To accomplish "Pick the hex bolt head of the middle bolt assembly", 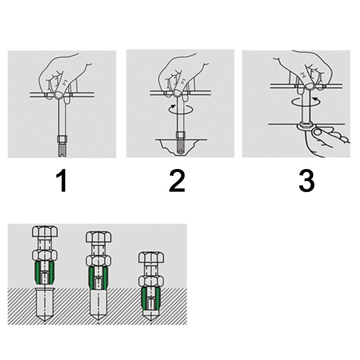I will (98, 237).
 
